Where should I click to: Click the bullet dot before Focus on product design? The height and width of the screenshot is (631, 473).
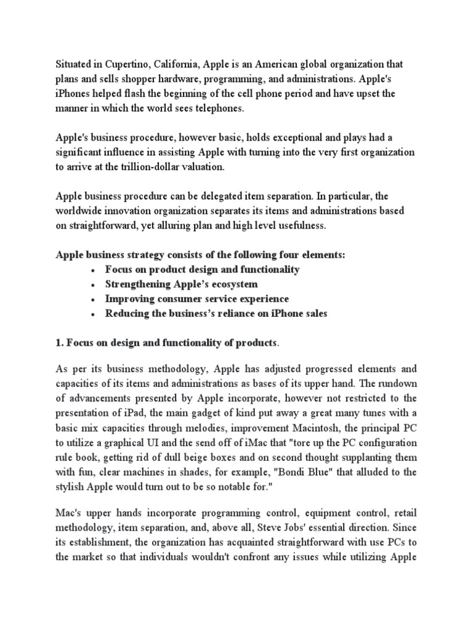click(92, 270)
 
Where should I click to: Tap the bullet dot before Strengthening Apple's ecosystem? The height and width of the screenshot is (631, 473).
click(92, 285)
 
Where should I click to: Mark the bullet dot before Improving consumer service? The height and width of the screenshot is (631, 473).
click(92, 299)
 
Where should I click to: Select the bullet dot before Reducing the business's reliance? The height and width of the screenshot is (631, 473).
click(92, 314)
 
